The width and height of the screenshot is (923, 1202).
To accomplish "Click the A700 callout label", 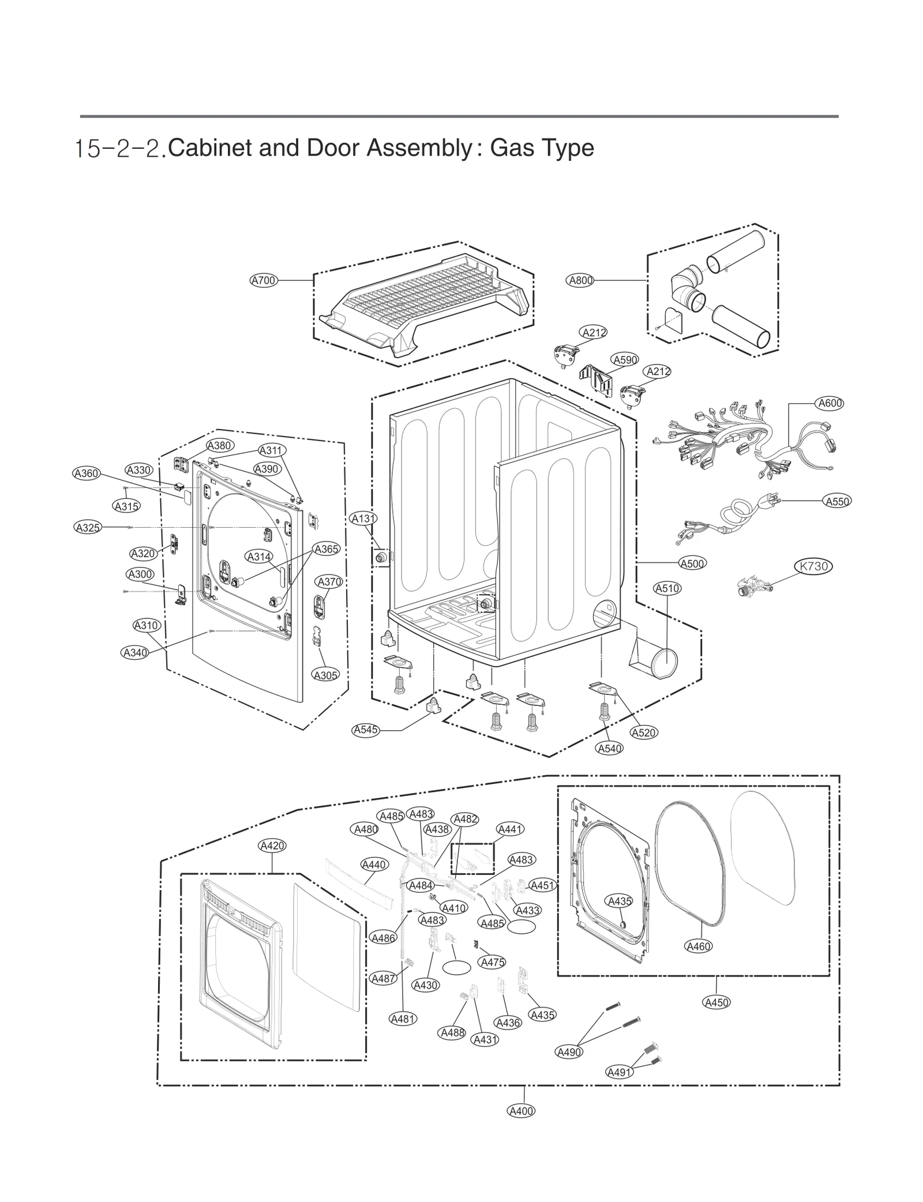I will click(264, 280).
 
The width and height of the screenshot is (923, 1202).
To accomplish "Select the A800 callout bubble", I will click(580, 280).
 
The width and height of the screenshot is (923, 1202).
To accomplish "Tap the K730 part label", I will click(814, 566).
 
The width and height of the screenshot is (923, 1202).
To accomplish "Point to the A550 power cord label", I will click(837, 501).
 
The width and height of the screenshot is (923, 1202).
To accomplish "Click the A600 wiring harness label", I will click(830, 403).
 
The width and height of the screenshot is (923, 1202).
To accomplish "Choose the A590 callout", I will click(625, 360).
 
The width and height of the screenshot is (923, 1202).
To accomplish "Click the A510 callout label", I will click(667, 588).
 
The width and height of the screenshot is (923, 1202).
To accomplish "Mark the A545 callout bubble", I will click(366, 730).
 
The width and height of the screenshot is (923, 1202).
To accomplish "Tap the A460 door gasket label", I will click(699, 946).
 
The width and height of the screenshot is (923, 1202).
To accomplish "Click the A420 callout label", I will click(272, 846).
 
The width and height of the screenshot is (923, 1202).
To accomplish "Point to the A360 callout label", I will click(87, 473).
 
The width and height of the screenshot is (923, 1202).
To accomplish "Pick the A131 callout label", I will click(363, 519).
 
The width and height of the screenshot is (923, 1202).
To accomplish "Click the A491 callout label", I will click(620, 1072).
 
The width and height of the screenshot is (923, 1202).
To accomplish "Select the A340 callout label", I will click(134, 652).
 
